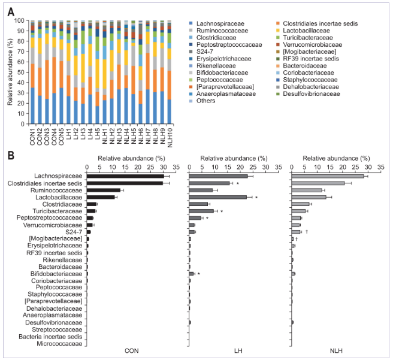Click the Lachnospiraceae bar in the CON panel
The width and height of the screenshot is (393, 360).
[x=125, y=176]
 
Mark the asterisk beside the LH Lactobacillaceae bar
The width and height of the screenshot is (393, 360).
[x=255, y=197]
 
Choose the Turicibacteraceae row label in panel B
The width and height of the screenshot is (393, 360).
[x=56, y=211]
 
